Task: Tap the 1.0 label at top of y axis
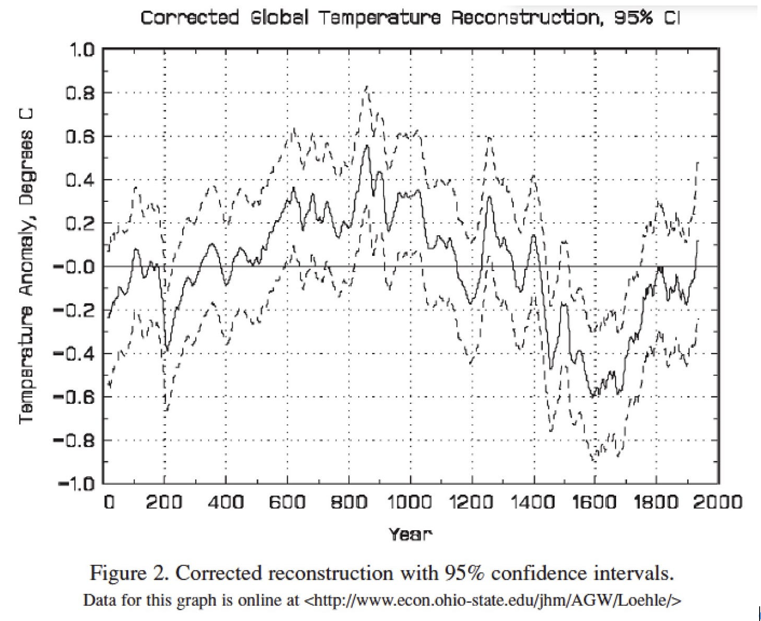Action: click(x=81, y=50)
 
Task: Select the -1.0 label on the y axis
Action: click(x=75, y=484)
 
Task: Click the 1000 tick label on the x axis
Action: click(x=410, y=502)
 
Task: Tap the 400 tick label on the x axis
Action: click(x=226, y=502)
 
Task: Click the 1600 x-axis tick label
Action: click(x=595, y=502)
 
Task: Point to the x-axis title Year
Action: click(x=410, y=534)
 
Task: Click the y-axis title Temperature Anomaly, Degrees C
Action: click(x=26, y=266)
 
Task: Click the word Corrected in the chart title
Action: click(x=190, y=18)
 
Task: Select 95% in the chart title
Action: click(x=634, y=18)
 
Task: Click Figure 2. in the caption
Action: click(x=129, y=574)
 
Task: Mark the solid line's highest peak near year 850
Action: click(x=367, y=146)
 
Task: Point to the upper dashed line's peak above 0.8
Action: click(x=366, y=86)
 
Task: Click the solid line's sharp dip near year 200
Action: click(x=166, y=351)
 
